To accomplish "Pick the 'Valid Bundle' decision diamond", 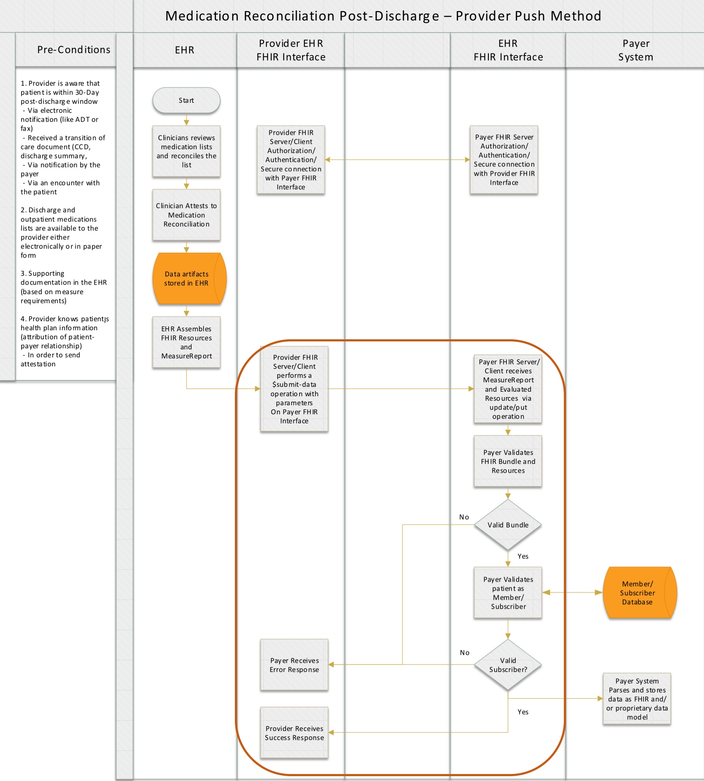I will tap(508, 525).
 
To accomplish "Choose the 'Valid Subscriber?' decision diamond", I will tap(508, 665).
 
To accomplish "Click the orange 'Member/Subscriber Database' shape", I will tap(638, 592).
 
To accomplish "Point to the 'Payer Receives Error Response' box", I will tap(294, 665).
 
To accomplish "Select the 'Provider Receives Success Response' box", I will tap(294, 733).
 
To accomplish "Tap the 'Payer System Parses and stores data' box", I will tap(637, 699).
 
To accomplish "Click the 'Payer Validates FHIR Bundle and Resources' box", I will tap(508, 461).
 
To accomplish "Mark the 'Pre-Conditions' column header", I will tap(74, 50).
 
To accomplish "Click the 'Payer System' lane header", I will tap(636, 50).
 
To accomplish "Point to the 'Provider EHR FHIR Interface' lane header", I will tap(291, 50).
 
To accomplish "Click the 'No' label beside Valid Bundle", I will tap(464, 517).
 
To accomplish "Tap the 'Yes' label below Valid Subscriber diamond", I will tap(523, 712).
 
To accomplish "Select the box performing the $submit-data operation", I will tap(294, 389).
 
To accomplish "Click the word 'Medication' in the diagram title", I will tap(202, 16).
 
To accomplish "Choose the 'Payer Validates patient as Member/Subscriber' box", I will tap(508, 593).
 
